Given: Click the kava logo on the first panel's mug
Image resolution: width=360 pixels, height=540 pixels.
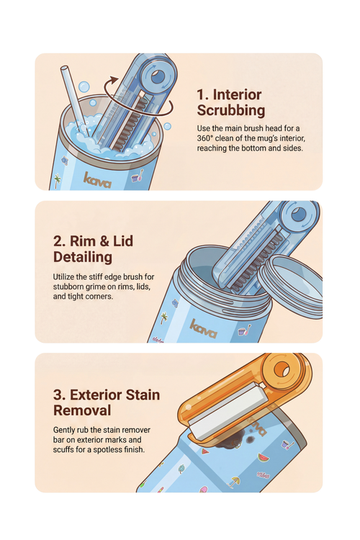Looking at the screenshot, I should [x=98, y=178].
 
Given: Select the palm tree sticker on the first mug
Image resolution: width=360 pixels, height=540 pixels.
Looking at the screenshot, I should [x=58, y=178].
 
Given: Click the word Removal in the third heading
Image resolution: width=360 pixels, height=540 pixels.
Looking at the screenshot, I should [x=82, y=410].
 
